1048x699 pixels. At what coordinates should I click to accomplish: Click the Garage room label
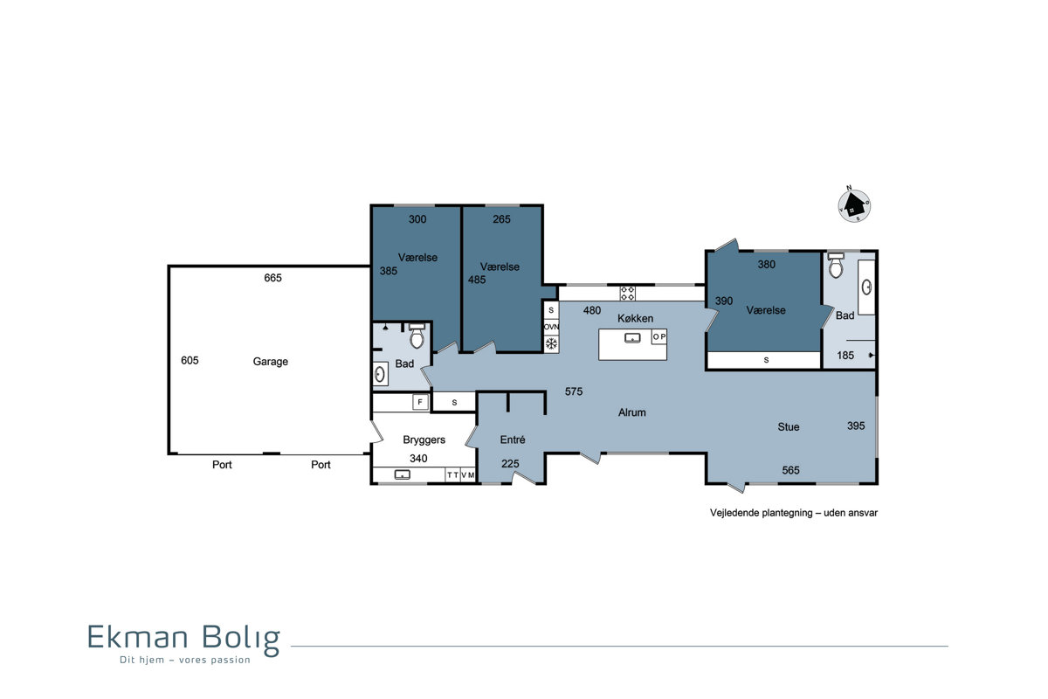tap(271, 362)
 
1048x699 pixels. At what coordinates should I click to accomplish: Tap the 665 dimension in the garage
tap(272, 278)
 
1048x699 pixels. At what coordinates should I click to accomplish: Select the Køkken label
tap(636, 318)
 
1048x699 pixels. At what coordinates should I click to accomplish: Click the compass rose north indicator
tap(849, 188)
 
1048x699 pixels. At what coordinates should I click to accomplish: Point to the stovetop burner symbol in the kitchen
tap(627, 294)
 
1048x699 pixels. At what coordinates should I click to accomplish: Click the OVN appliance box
tap(551, 327)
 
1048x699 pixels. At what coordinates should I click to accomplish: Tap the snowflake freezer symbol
tap(552, 344)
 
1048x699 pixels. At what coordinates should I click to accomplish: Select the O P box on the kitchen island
tap(659, 336)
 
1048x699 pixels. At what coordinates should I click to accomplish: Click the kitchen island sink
tap(632, 338)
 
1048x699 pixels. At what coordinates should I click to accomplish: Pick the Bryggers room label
tap(424, 440)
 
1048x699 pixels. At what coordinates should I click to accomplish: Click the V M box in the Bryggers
tap(468, 475)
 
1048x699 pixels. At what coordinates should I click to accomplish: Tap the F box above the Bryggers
tap(420, 402)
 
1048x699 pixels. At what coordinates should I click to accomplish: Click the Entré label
tap(513, 439)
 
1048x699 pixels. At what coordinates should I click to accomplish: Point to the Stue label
tap(789, 427)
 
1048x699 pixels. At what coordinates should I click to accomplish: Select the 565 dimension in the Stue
tap(790, 471)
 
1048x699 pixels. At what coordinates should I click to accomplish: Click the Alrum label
tap(631, 412)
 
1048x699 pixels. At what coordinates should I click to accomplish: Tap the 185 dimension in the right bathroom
tap(845, 356)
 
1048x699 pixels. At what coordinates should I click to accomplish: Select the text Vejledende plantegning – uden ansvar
tap(794, 513)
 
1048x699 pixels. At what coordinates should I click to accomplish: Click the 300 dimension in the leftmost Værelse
tap(417, 219)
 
